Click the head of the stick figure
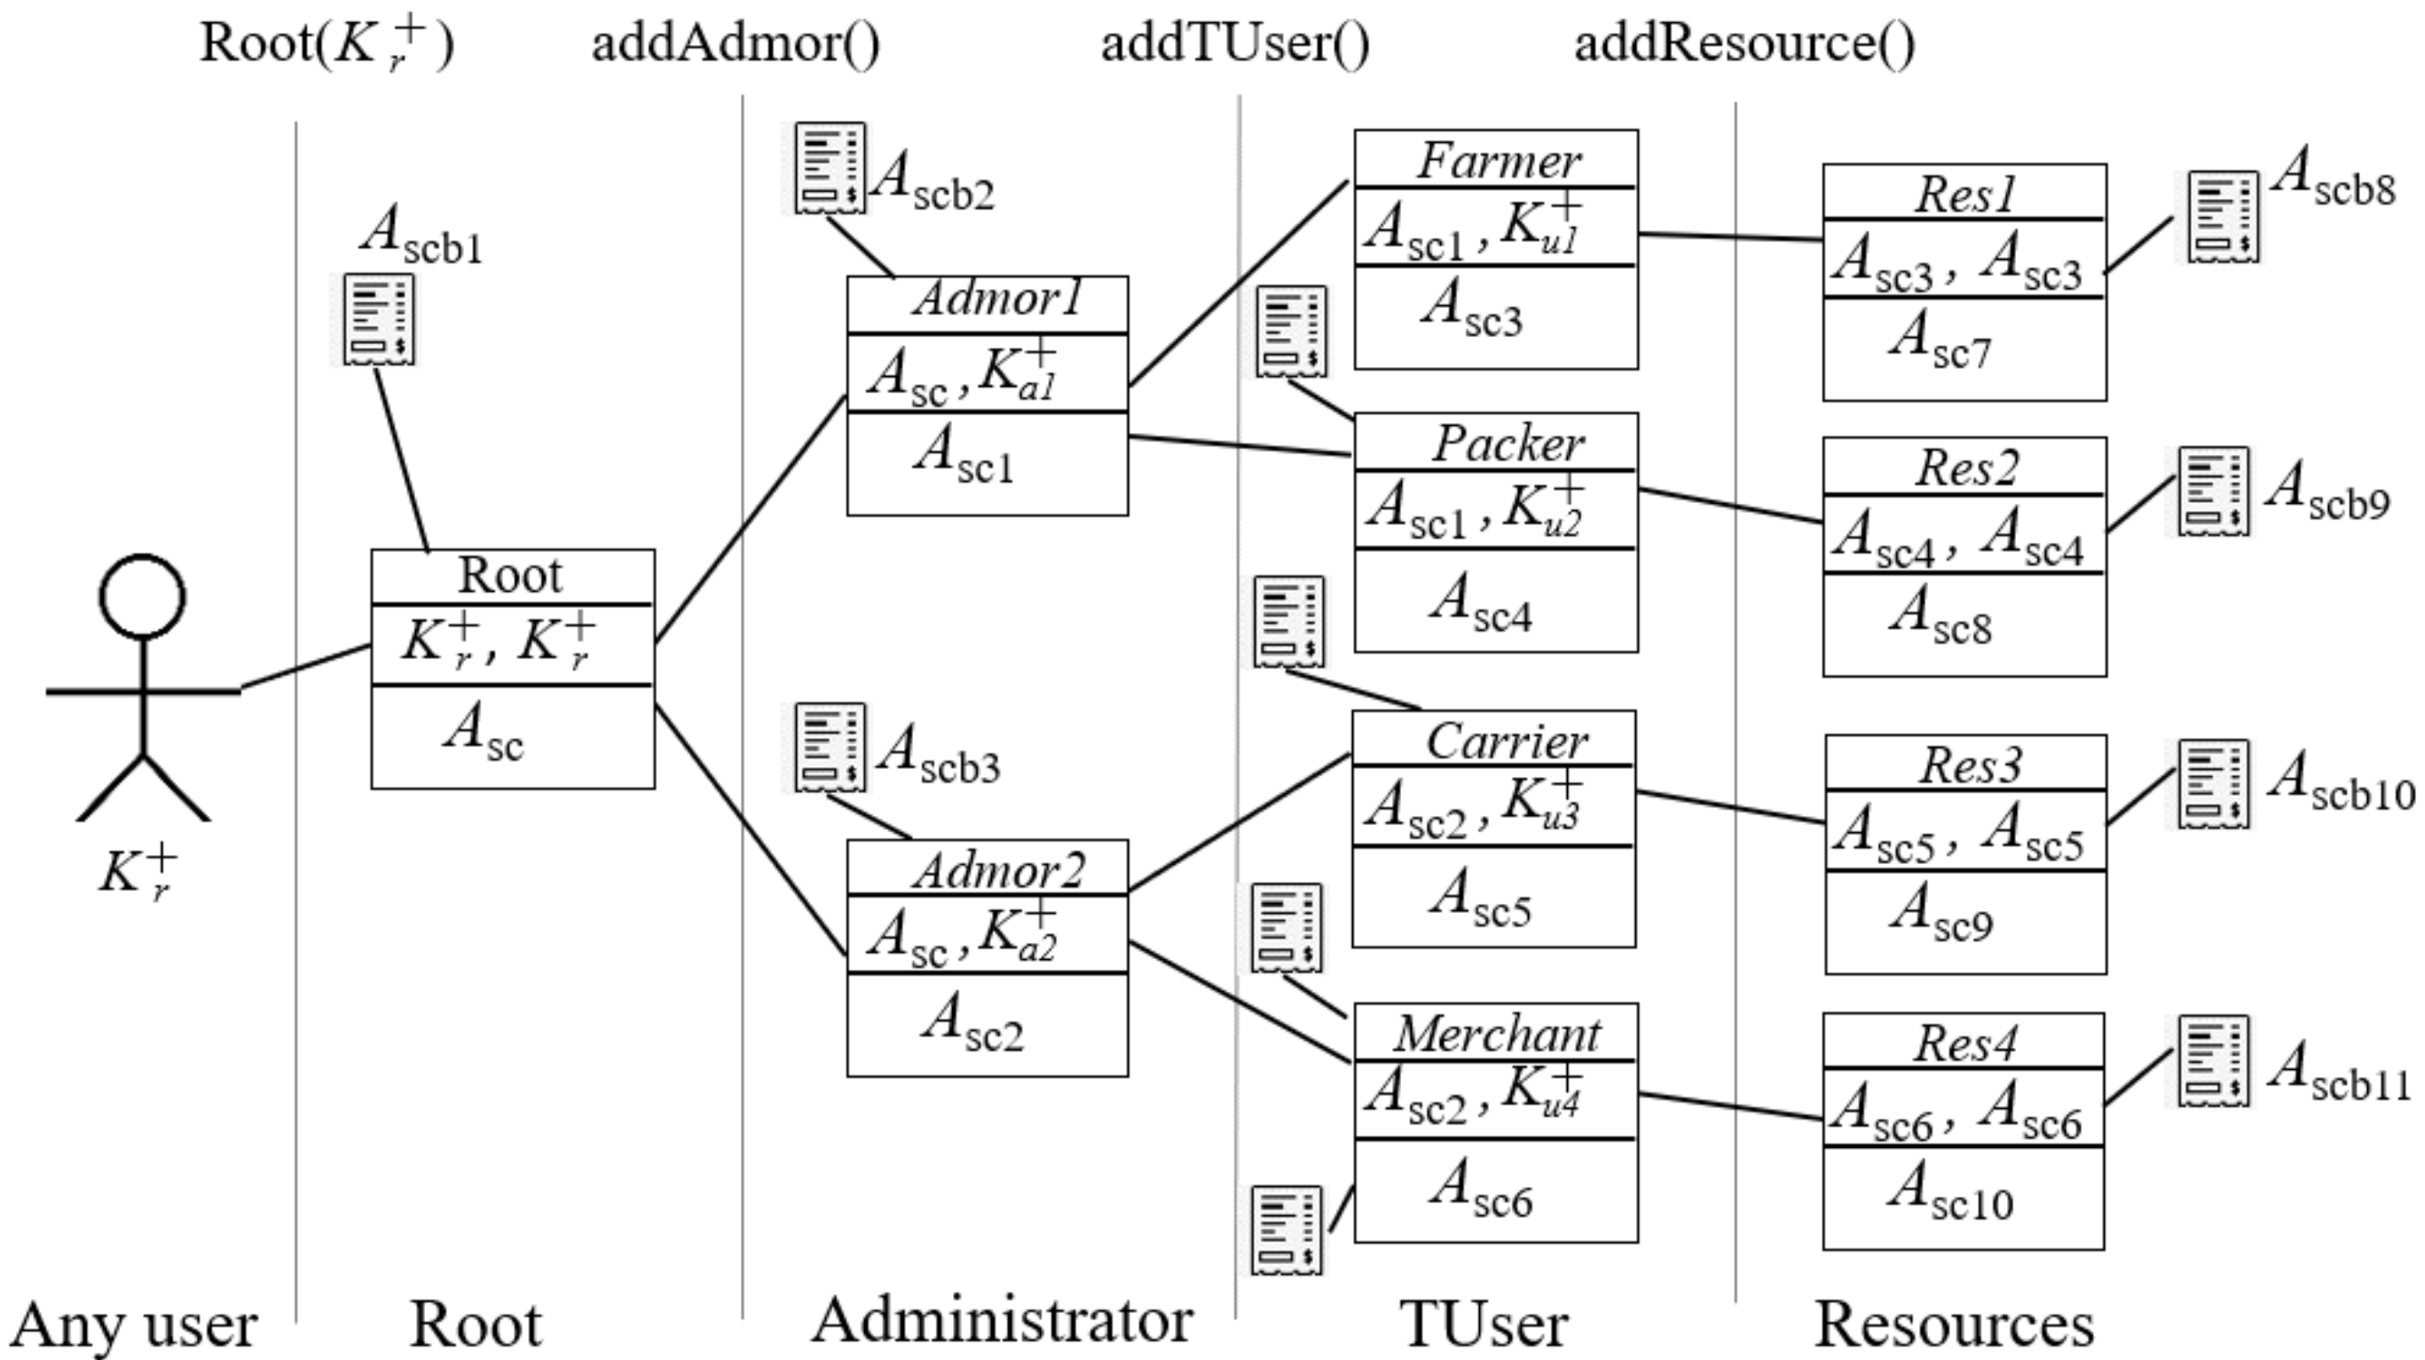point(143,597)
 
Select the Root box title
point(510,575)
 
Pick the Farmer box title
point(1499,161)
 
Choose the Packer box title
point(1508,444)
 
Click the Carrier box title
point(1505,742)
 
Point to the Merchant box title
point(1497,1034)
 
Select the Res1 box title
point(1965,195)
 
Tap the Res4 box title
point(1964,1042)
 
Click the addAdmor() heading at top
point(736,43)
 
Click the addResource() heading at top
point(1744,43)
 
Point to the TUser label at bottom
point(1484,1325)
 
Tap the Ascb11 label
point(2338,1073)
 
